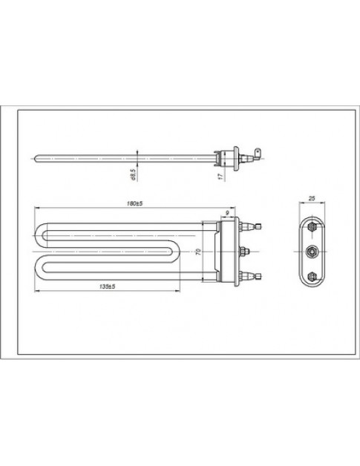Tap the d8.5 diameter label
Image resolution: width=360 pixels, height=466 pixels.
click(x=132, y=174)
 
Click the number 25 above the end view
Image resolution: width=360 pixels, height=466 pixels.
click(x=312, y=199)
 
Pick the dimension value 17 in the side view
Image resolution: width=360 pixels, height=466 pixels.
click(x=220, y=177)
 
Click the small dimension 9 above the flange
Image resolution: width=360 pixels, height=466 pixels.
click(x=226, y=214)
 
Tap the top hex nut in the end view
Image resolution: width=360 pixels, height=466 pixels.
click(x=312, y=226)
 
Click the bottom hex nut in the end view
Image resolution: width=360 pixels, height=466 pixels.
click(x=312, y=278)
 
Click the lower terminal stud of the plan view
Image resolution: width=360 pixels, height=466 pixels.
click(x=253, y=278)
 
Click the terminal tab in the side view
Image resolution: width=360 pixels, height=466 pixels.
click(x=255, y=156)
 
